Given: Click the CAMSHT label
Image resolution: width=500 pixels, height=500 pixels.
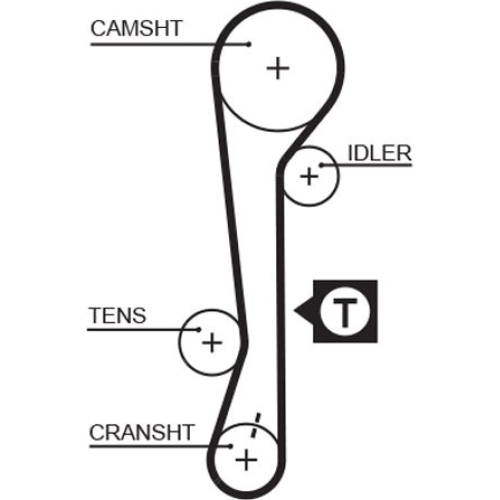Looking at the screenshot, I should pyautogui.click(x=135, y=29).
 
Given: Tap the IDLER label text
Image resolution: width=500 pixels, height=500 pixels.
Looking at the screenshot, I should pyautogui.click(x=379, y=153).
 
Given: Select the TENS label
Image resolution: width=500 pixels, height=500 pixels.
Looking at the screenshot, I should pyautogui.click(x=117, y=316).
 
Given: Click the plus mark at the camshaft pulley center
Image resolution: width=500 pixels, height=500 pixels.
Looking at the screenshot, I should pyautogui.click(x=278, y=68).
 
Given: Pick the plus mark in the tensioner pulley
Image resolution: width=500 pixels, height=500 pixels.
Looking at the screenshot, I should pyautogui.click(x=212, y=343).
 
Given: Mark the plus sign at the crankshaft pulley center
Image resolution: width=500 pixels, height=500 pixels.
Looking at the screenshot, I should pyautogui.click(x=246, y=458).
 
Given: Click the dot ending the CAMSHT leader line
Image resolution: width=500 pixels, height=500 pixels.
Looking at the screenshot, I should pyautogui.click(x=248, y=44).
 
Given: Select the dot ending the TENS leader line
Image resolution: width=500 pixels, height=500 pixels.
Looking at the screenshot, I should pyautogui.click(x=198, y=329).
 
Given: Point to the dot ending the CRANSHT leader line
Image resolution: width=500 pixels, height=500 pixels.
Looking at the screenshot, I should pyautogui.click(x=230, y=445).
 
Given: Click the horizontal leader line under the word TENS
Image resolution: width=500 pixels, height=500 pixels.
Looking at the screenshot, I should pyautogui.click(x=135, y=329).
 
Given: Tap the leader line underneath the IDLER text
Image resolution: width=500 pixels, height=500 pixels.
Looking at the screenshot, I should pyautogui.click(x=370, y=164).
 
